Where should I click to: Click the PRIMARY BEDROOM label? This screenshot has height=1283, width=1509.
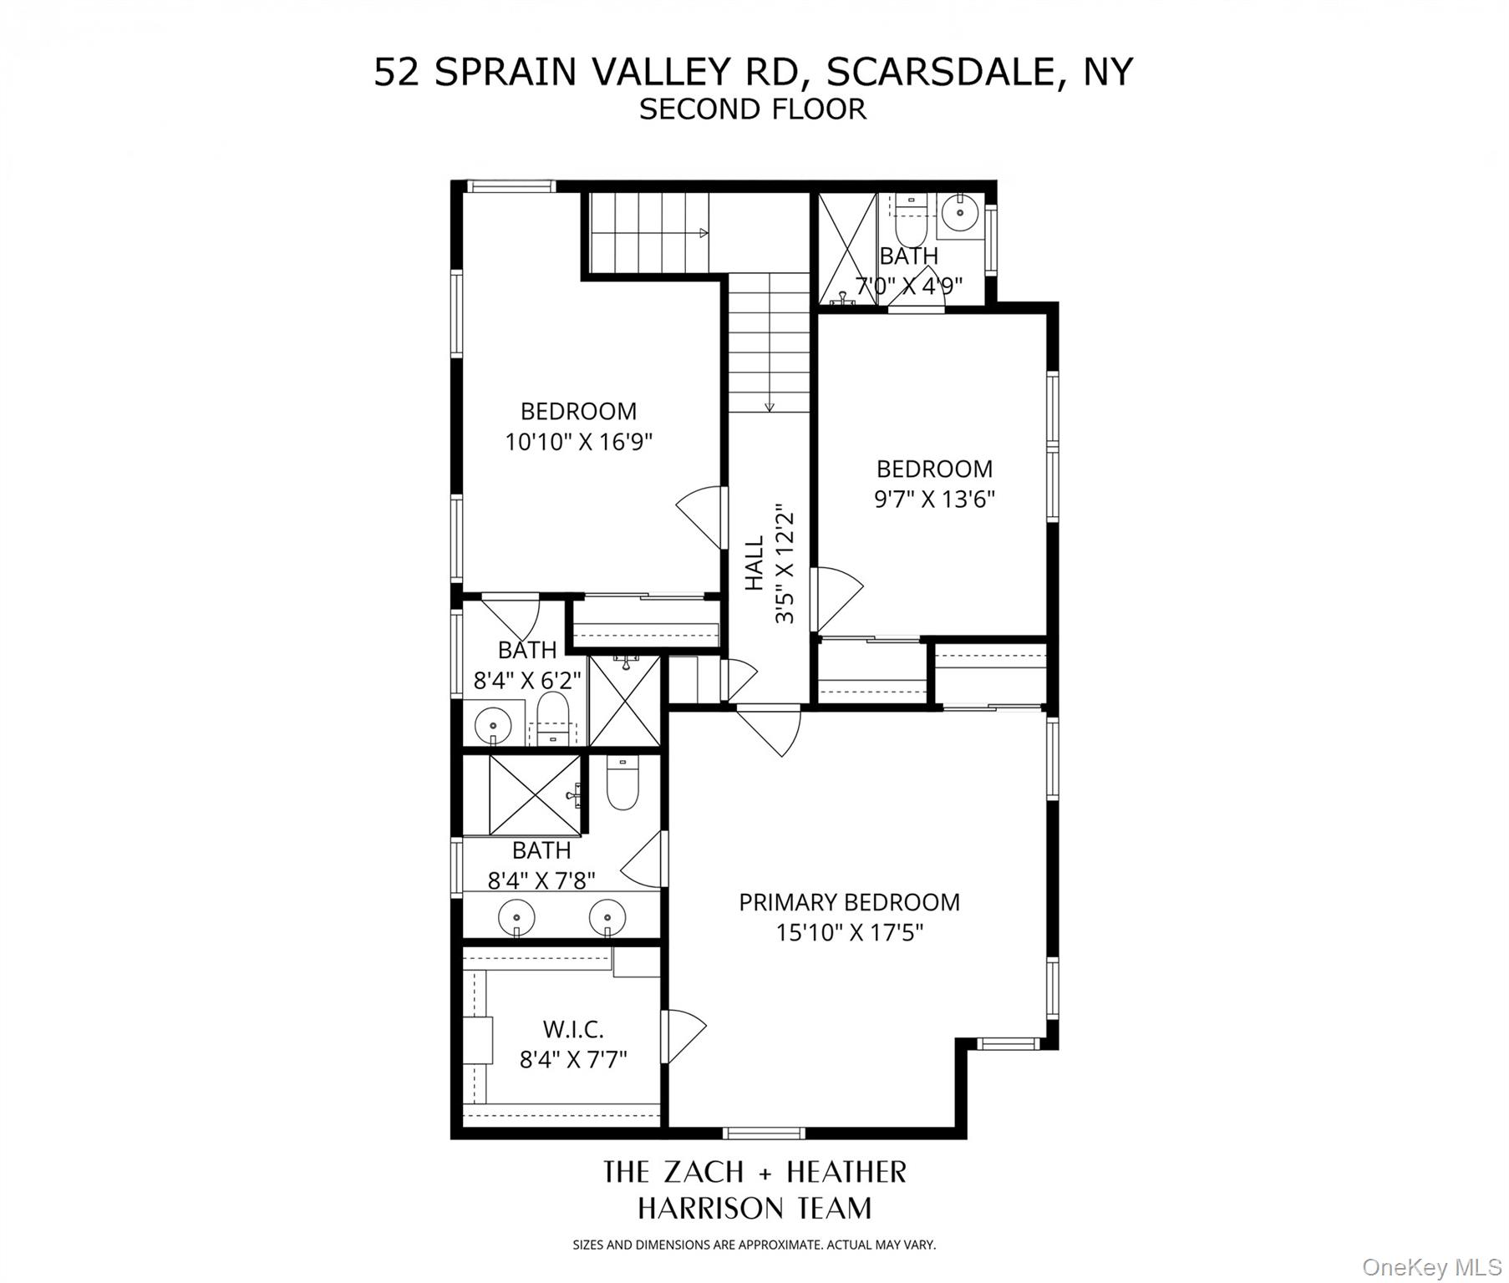coord(849,902)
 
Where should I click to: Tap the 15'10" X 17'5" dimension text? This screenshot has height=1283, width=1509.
coord(849,932)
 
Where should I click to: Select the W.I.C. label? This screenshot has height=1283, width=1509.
coord(573,1029)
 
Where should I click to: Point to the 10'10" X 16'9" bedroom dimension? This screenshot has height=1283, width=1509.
coord(578,441)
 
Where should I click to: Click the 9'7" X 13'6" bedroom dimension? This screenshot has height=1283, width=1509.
coord(934,499)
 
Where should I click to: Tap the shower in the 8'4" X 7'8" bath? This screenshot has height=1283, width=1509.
coord(534,795)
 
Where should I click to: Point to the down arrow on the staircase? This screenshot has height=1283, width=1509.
coord(770,406)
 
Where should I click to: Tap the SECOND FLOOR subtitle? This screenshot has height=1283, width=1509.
coord(753,109)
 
